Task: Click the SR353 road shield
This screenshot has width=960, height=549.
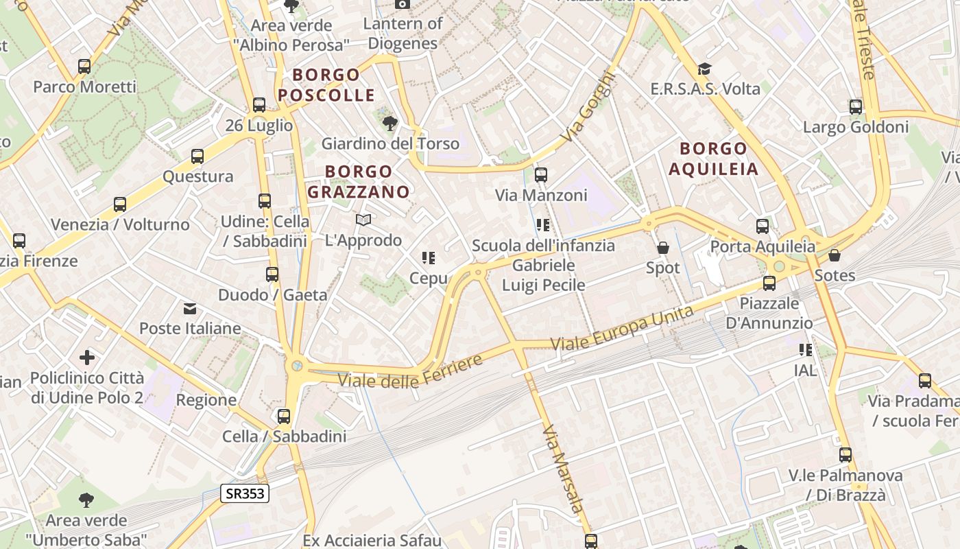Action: tap(245, 493)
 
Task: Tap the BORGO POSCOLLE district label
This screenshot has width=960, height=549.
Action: tap(326, 84)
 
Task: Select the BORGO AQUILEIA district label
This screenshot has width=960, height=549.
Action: tap(713, 159)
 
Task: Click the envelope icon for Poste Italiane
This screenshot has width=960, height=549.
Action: tap(190, 309)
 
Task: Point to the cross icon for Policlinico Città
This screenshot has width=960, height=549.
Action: tap(87, 358)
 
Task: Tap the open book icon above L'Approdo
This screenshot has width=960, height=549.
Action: tap(363, 220)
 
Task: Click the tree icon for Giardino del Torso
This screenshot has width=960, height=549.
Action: tap(389, 124)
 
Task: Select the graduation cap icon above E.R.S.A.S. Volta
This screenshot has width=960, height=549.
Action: tap(704, 69)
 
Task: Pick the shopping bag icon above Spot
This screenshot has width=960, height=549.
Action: tap(662, 248)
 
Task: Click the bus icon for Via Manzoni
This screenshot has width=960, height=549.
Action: tap(541, 175)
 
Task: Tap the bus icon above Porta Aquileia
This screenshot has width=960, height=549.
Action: tap(763, 226)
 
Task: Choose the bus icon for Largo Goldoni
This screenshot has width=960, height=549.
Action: tap(856, 107)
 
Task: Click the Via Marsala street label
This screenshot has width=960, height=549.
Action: tap(563, 468)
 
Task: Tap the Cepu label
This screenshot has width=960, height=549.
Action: tap(428, 278)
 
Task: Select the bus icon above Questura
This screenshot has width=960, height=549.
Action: tap(197, 156)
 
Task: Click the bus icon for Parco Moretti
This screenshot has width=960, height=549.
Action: tap(84, 67)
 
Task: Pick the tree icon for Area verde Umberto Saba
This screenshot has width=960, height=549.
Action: tap(86, 500)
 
